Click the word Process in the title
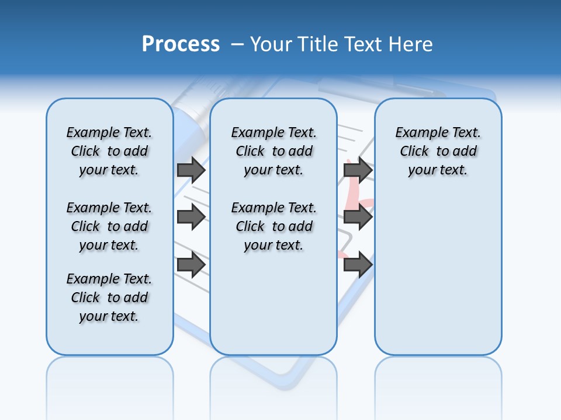point(181,44)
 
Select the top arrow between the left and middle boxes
point(191,170)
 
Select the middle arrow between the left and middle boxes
point(191,218)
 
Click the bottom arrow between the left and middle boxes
point(191,265)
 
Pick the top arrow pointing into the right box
point(358,170)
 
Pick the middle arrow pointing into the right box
point(358,218)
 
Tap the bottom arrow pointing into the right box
point(358,265)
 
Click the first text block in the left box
point(109,151)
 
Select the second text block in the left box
point(109,226)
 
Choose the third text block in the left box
point(109,297)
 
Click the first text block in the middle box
point(273,151)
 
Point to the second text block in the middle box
point(273,226)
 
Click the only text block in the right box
point(438,151)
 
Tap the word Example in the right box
point(418,133)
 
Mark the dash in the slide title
point(237,44)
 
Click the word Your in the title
point(272,44)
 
